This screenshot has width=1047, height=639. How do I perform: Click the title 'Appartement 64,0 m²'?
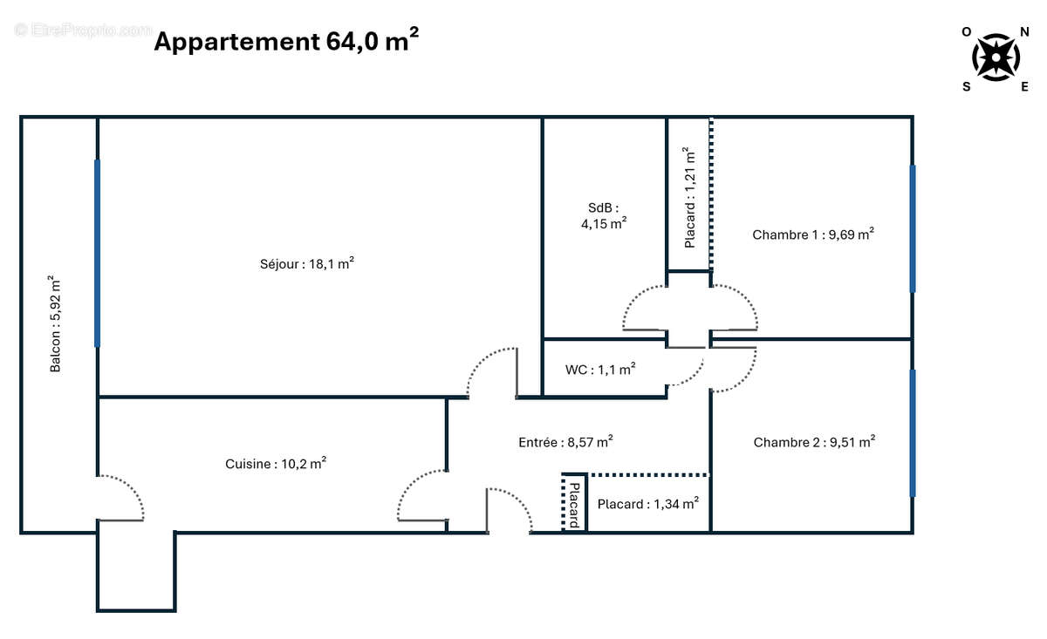pos(285,41)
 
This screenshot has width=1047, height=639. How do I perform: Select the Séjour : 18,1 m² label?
pos(306,263)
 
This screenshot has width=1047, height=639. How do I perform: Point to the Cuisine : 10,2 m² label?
pos(276,464)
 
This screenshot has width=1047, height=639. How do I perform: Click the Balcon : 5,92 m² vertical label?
pos(56,324)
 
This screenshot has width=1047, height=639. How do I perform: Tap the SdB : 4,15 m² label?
pos(604,215)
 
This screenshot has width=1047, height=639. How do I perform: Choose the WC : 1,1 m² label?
pos(600,369)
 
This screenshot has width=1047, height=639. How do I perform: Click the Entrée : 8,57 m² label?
pos(565,442)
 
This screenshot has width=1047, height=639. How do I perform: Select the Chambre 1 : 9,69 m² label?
pos(813,234)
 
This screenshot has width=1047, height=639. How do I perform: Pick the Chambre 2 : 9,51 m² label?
pos(814,442)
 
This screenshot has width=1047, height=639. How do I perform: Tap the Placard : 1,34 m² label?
pos(647,504)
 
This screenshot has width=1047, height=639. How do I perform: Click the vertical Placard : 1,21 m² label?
pos(689,197)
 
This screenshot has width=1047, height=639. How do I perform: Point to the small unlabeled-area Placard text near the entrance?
pos(574,504)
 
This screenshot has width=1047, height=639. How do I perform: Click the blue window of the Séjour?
pos(97,253)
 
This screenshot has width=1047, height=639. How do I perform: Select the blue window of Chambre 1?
pos(913,228)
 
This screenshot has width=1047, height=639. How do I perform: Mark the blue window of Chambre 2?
pos(913,433)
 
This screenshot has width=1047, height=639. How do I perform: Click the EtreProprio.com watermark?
pos(83,30)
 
